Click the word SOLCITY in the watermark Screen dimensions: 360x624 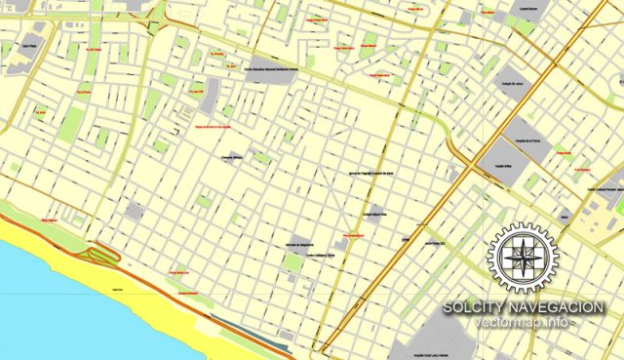tap(473, 308)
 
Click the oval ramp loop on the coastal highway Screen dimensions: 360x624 tap(101, 257)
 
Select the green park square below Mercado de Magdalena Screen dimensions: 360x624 tap(293, 263)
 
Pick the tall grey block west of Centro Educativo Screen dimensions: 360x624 tap(211, 95)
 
